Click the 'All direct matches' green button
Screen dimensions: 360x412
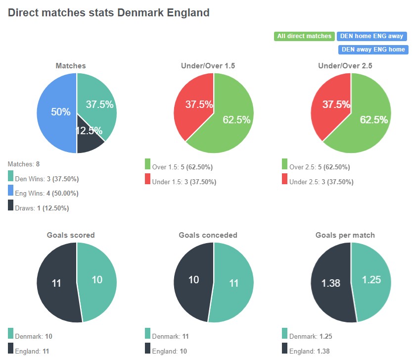point(304,36)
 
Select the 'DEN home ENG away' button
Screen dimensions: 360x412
point(372,36)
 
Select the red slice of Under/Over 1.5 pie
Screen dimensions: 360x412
point(195,106)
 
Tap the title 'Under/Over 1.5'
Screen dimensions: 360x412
point(214,65)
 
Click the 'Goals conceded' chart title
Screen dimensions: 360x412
point(214,235)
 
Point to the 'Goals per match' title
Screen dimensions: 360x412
point(352,235)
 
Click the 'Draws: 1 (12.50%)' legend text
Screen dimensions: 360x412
point(43,208)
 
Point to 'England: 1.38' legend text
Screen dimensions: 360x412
point(309,351)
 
